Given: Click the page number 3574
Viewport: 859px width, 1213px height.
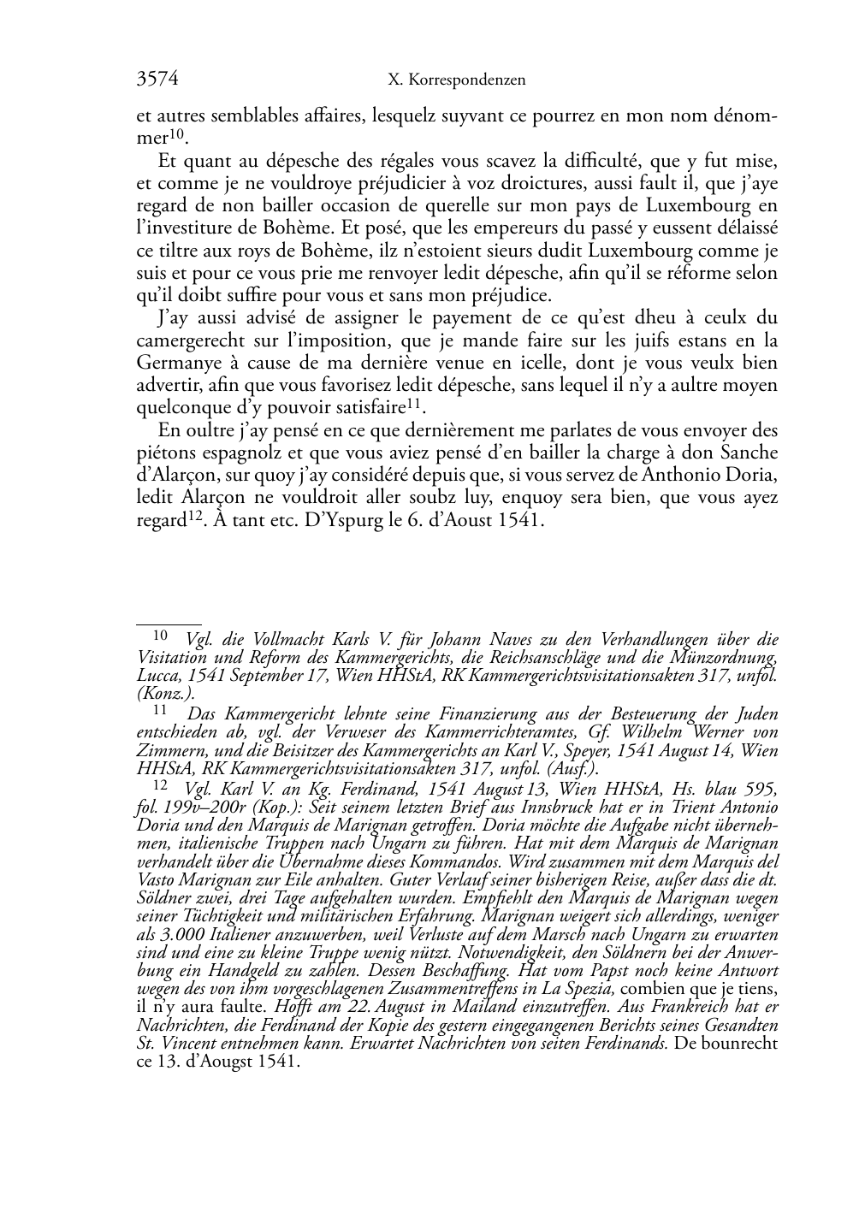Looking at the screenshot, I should pos(157,80).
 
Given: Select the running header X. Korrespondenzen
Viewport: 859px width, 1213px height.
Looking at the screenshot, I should pos(456,80).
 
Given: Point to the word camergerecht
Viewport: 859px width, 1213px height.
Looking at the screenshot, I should pos(186,340).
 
